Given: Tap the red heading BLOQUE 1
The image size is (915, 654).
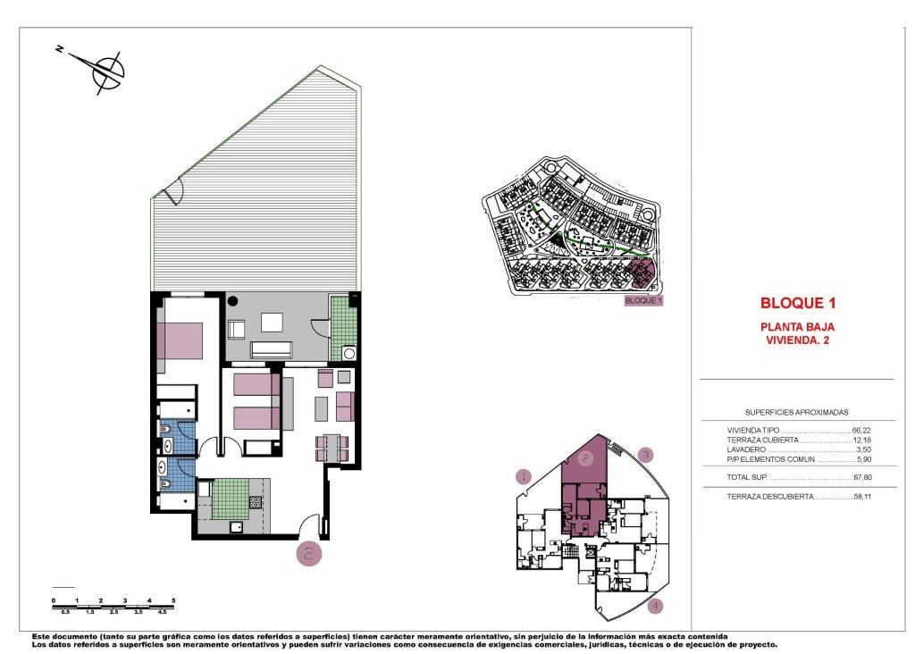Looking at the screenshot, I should [x=798, y=303].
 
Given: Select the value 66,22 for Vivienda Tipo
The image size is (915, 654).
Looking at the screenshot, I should [x=861, y=430].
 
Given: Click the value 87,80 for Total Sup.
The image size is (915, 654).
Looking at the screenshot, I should [x=861, y=479].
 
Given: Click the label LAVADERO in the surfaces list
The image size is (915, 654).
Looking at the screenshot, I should [x=747, y=449].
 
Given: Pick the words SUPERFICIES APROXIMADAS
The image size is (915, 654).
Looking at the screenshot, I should [x=797, y=413].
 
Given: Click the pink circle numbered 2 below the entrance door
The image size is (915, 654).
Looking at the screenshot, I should [x=309, y=554].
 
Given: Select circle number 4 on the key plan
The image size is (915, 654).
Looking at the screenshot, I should [x=656, y=608].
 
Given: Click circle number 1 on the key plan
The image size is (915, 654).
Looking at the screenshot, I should [x=525, y=476].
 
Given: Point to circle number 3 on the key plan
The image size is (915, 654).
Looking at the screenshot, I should [x=647, y=454].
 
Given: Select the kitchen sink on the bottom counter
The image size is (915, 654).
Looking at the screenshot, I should [x=236, y=527].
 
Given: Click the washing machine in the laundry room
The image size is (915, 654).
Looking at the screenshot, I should [x=348, y=353].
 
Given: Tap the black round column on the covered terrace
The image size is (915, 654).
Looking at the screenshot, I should [x=232, y=302].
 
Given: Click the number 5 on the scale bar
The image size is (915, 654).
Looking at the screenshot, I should [x=173, y=600].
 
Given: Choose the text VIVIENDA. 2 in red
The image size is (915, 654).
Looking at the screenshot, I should [x=798, y=340].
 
